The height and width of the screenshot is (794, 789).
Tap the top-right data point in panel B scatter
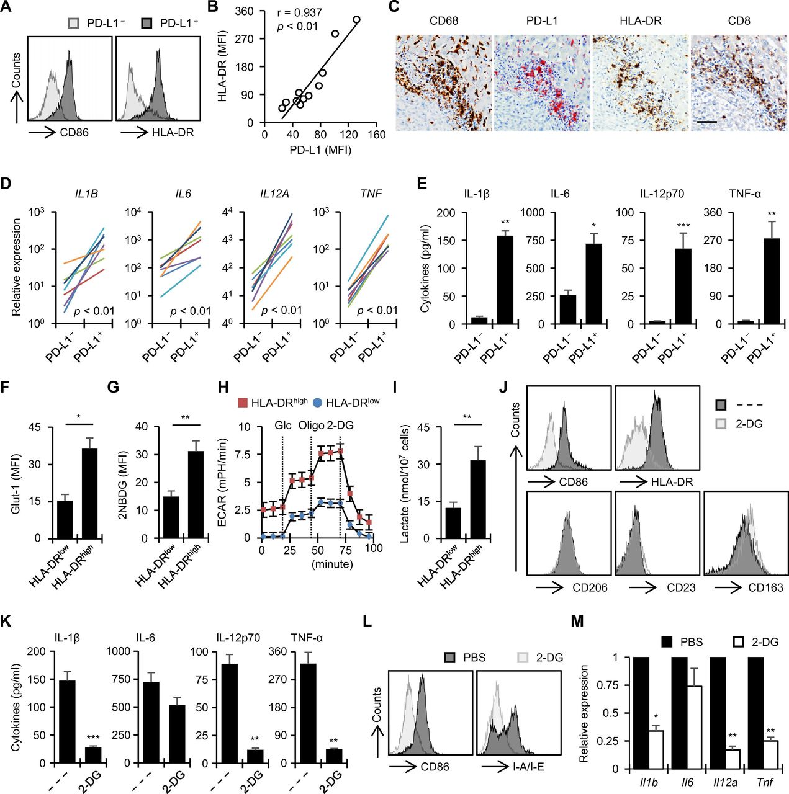pos(357,19)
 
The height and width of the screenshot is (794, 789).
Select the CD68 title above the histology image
pos(444,20)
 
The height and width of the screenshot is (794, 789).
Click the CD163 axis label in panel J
pos(765,587)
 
